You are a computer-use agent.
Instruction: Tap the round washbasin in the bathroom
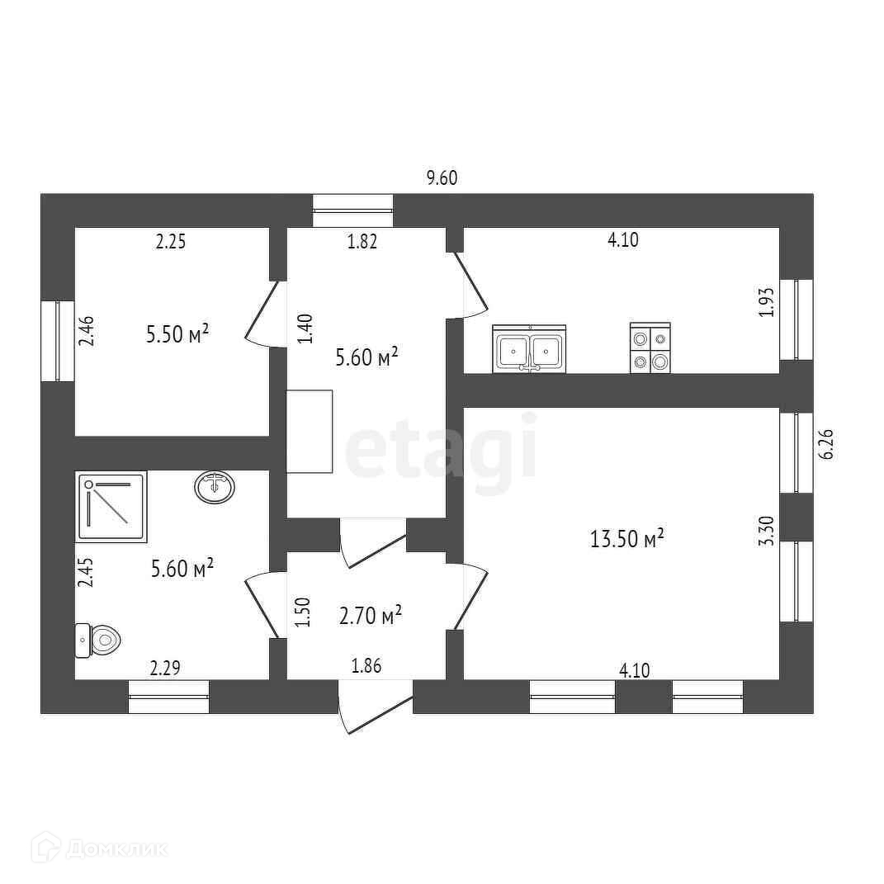215,486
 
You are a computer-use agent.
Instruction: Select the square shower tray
111,506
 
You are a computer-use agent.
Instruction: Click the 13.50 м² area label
627,540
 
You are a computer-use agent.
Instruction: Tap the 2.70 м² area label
371,615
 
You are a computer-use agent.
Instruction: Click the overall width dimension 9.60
441,177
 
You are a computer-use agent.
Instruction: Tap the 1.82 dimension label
362,242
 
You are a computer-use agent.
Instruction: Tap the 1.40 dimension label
304,329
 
